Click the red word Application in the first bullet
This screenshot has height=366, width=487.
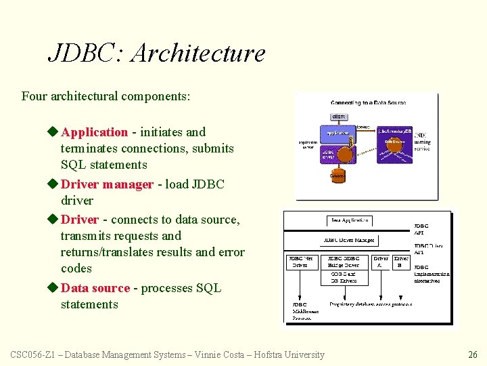click(94, 132)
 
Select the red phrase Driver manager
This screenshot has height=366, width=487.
click(107, 184)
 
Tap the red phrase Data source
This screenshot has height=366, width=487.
click(95, 288)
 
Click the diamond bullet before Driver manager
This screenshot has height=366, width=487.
click(54, 184)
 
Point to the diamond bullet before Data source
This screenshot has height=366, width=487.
click(54, 288)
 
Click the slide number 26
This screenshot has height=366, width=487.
click(473, 354)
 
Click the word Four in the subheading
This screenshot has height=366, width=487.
click(34, 96)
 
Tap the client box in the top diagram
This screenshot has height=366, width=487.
click(339, 117)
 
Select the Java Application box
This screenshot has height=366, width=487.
click(350, 220)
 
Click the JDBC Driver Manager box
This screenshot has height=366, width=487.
click(348, 240)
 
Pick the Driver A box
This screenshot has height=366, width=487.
click(381, 262)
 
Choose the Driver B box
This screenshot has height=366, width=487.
click(401, 262)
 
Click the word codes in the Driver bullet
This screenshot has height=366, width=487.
click(76, 268)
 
